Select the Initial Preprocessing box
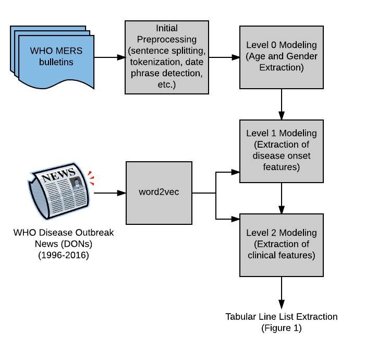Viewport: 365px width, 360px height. coord(167,57)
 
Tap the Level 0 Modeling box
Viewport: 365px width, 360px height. coord(282,57)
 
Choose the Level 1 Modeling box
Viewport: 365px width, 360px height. coord(282,151)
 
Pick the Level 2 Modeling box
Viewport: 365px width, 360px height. coord(282,245)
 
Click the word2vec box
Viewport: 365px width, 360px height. coord(159,193)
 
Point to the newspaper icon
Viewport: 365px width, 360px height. coord(58,191)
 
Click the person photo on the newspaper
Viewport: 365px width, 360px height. coord(77,183)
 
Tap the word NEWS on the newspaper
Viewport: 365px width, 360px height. coord(58,175)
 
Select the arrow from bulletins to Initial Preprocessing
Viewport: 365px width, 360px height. coord(110,57)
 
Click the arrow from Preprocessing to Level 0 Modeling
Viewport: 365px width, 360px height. coord(224,57)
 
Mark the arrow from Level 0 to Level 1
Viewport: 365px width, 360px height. coord(282,104)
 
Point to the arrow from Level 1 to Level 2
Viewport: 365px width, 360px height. coord(282,198)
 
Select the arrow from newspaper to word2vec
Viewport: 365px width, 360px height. coord(110,193)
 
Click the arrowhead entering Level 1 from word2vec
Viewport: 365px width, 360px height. coord(235,172)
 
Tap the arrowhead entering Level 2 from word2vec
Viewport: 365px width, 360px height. coord(235,219)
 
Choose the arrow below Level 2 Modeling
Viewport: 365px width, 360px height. coord(282,293)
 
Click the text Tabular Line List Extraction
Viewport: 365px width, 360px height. coord(282,317)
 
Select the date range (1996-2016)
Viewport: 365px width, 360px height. coord(64,255)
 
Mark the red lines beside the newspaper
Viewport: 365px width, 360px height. coord(91,178)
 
